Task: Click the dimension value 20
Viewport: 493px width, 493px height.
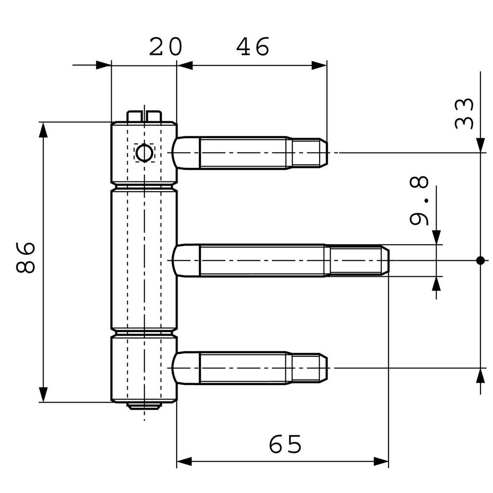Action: pyautogui.click(x=165, y=47)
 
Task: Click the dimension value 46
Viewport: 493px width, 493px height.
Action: pyautogui.click(x=253, y=47)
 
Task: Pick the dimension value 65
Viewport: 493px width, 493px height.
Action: pyautogui.click(x=285, y=444)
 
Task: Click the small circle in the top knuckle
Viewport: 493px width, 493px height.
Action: pyautogui.click(x=144, y=153)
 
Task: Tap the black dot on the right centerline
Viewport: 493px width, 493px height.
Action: pyautogui.click(x=480, y=260)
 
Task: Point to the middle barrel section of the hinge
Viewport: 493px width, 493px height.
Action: pyautogui.click(x=144, y=260)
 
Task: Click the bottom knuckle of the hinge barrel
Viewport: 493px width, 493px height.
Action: pyautogui.click(x=144, y=368)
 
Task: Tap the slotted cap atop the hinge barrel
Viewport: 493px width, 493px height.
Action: pyautogui.click(x=144, y=116)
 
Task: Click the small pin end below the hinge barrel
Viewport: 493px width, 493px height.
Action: pyautogui.click(x=144, y=406)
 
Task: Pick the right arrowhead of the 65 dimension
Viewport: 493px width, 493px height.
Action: pyautogui.click(x=381, y=462)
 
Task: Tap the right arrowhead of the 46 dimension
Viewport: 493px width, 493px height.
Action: pyautogui.click(x=319, y=65)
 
